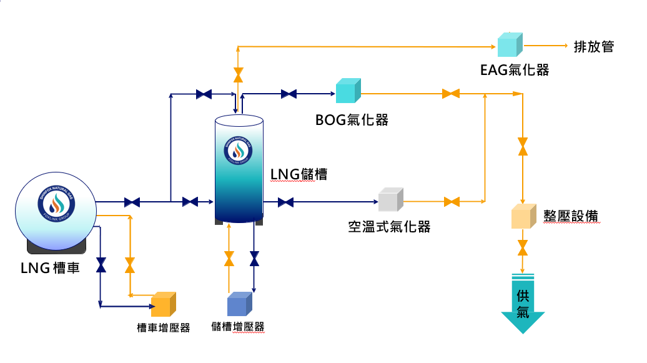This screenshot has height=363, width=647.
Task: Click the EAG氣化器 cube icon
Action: (x=510, y=44)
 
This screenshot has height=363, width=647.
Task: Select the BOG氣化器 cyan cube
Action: (x=348, y=91)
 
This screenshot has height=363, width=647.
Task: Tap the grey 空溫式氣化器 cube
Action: (x=391, y=199)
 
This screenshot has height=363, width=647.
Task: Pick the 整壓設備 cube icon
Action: (x=523, y=216)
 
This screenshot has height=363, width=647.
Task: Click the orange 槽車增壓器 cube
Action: (x=163, y=304)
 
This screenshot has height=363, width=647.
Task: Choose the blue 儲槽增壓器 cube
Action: (x=239, y=304)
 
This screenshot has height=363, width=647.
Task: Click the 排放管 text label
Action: (x=593, y=46)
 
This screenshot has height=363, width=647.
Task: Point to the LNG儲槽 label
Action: (x=299, y=173)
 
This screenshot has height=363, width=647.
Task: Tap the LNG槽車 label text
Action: (x=51, y=269)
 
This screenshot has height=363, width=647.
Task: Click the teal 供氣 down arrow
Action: (x=523, y=303)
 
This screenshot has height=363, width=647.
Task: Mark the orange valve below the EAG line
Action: (x=238, y=75)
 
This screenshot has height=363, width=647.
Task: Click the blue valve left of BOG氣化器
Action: (x=289, y=94)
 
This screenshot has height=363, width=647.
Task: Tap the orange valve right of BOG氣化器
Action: (x=450, y=94)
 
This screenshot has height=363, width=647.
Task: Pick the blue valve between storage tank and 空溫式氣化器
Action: (x=285, y=202)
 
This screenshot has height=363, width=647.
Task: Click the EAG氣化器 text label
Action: (x=515, y=69)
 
